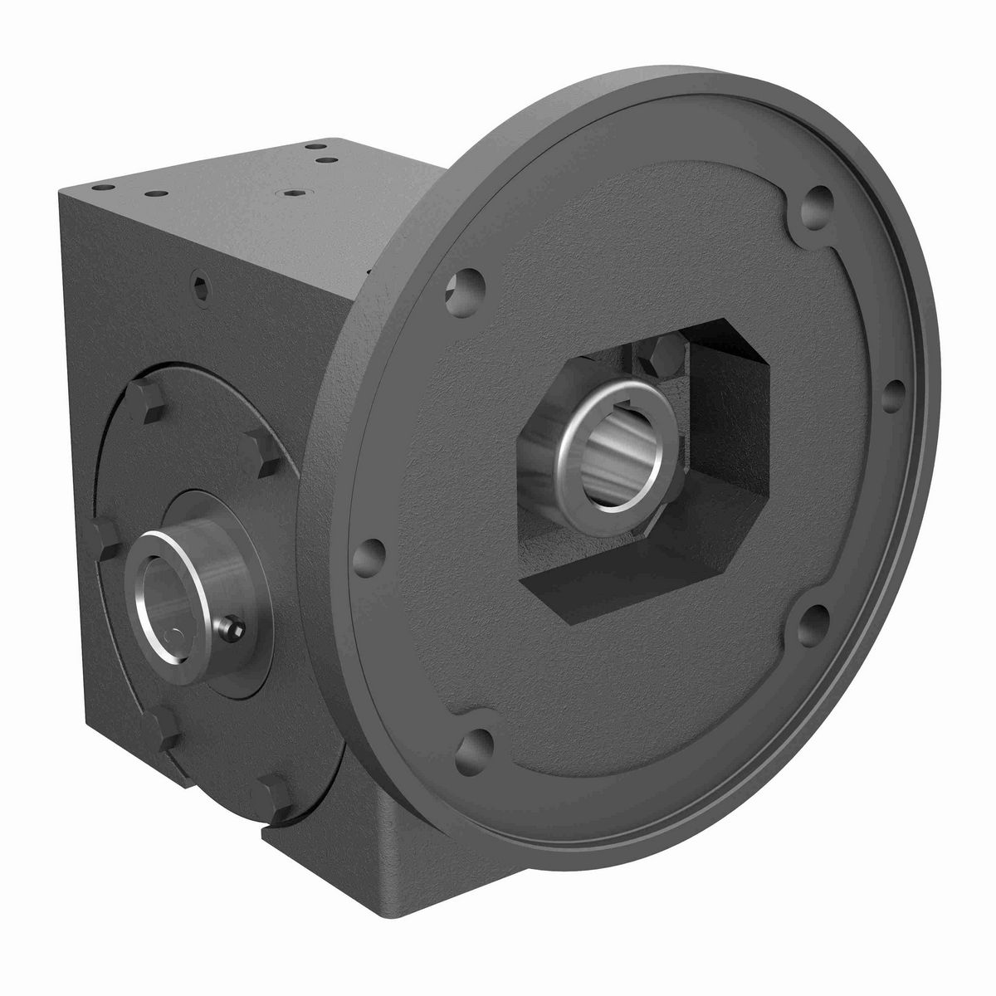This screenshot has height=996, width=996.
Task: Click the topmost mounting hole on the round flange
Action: tap(819, 201)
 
